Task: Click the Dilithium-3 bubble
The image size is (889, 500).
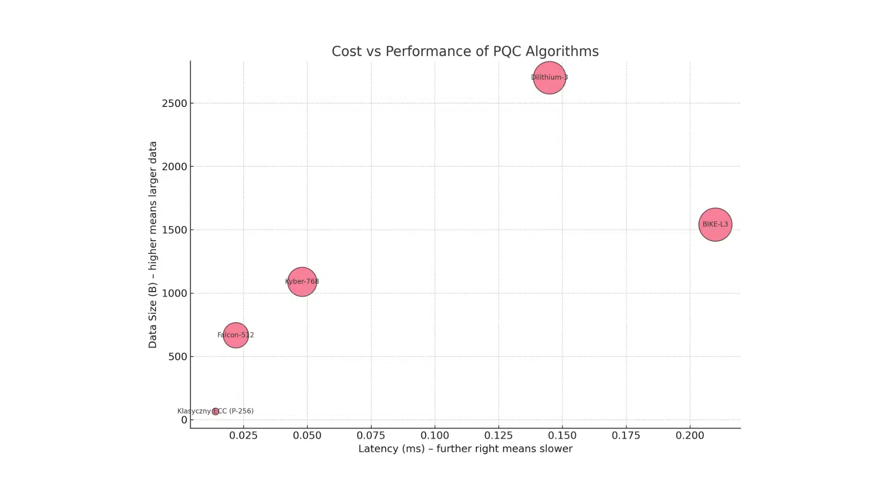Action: click(549, 77)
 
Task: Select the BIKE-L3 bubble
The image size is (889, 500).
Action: click(715, 225)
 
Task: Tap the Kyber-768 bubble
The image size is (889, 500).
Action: click(302, 281)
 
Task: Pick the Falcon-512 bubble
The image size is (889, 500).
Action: click(236, 335)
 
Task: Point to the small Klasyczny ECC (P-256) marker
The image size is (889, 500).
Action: click(215, 411)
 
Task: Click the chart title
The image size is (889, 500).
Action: click(465, 51)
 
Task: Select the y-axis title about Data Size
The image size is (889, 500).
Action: click(153, 244)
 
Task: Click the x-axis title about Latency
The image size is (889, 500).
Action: click(465, 449)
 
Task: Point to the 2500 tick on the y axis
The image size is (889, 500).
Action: click(174, 103)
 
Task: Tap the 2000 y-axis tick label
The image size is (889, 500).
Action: click(174, 167)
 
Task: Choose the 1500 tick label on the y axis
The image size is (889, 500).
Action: click(174, 230)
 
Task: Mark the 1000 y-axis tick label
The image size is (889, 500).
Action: click(174, 294)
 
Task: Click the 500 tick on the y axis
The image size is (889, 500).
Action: click(177, 357)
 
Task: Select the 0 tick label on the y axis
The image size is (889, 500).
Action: click(184, 420)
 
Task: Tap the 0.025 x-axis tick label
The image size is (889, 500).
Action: click(244, 436)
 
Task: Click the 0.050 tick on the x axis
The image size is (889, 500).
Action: click(307, 436)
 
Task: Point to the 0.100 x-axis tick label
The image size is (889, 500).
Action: click(435, 436)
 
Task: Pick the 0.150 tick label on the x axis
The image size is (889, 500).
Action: click(562, 436)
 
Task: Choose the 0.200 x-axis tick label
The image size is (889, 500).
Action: click(690, 436)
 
